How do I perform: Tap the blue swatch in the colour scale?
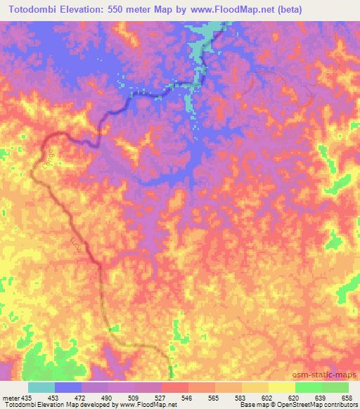tap(67, 388)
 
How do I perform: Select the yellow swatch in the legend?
tap(281, 388)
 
